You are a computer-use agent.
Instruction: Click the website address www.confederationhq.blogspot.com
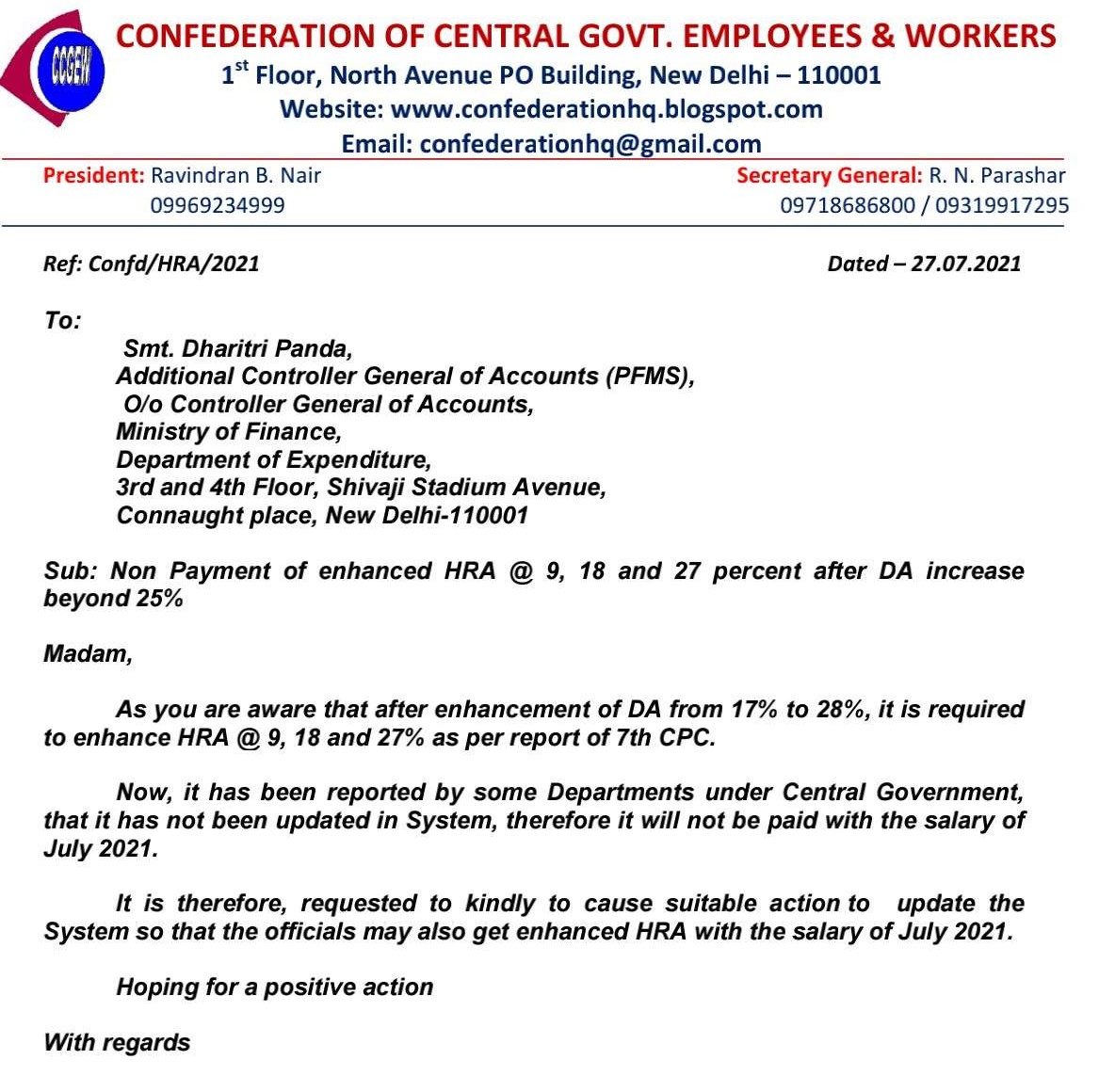606,109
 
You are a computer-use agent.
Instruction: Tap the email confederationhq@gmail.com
590,144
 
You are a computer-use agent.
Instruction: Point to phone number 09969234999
218,205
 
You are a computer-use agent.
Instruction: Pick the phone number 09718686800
848,205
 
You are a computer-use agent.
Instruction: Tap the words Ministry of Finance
228,432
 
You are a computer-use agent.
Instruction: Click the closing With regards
117,1043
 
